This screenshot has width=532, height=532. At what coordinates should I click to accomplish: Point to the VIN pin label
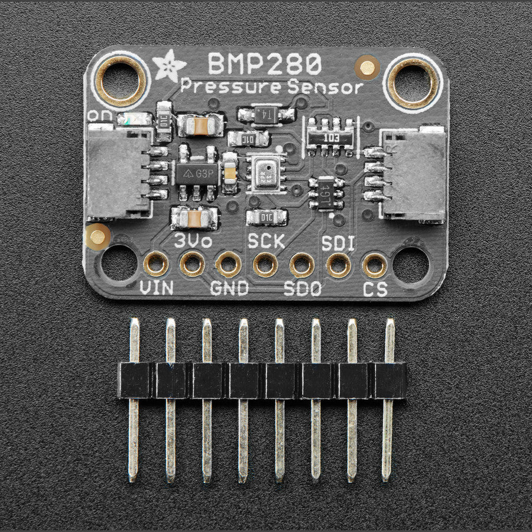pyautogui.click(x=156, y=289)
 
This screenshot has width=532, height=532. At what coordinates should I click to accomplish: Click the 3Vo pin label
pyautogui.click(x=193, y=241)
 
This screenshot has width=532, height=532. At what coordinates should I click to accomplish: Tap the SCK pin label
pyautogui.click(x=266, y=241)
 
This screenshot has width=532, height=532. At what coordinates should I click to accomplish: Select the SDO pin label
pyautogui.click(x=302, y=289)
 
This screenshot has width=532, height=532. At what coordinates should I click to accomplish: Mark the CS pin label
pyautogui.click(x=375, y=289)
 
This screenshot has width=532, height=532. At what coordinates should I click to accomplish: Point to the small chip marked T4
pyautogui.click(x=265, y=113)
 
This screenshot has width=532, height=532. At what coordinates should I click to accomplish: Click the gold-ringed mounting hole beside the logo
pyautogui.click(x=121, y=82)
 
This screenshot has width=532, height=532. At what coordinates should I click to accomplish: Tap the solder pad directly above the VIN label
pyautogui.click(x=156, y=264)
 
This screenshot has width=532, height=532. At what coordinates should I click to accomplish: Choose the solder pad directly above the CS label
pyautogui.click(x=375, y=265)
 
